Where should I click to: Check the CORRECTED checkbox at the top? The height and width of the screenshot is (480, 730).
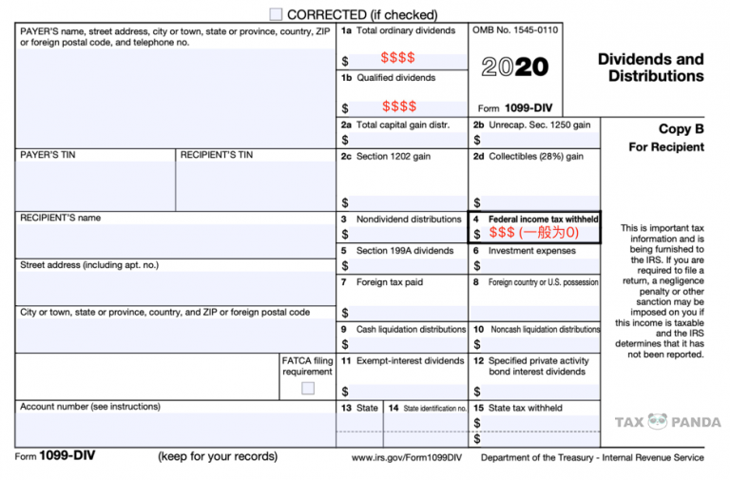tap(276, 14)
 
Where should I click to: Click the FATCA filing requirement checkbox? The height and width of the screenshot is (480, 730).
tap(308, 388)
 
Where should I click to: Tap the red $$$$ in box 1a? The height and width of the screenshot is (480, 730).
tap(397, 58)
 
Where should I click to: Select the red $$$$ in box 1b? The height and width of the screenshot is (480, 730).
tap(399, 106)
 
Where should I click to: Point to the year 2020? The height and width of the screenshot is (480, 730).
tap(514, 67)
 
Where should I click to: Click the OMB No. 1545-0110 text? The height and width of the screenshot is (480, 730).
tap(515, 30)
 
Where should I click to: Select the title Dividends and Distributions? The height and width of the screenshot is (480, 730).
tap(650, 67)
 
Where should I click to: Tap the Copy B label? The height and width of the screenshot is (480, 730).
tap(681, 129)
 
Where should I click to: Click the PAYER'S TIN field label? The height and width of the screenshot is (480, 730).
tap(48, 154)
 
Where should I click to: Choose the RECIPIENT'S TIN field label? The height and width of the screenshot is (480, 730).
tap(217, 154)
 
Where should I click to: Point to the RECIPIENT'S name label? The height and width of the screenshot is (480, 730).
tap(60, 218)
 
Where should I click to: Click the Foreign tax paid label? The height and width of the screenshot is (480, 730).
tap(390, 282)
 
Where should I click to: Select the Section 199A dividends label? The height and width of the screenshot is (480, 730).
tap(405, 251)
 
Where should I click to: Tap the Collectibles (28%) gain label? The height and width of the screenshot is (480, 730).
tap(536, 156)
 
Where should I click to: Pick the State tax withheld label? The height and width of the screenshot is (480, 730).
tap(525, 408)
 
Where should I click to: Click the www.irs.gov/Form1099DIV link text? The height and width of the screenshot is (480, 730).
tap(406, 457)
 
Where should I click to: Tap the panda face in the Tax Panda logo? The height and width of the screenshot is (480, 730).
tap(658, 422)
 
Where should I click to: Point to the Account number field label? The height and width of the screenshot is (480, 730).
tap(90, 407)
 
